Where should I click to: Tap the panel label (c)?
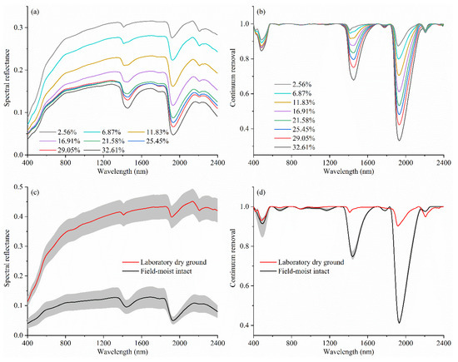coord(40,196)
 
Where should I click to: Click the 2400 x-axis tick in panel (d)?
coord(446,345)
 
